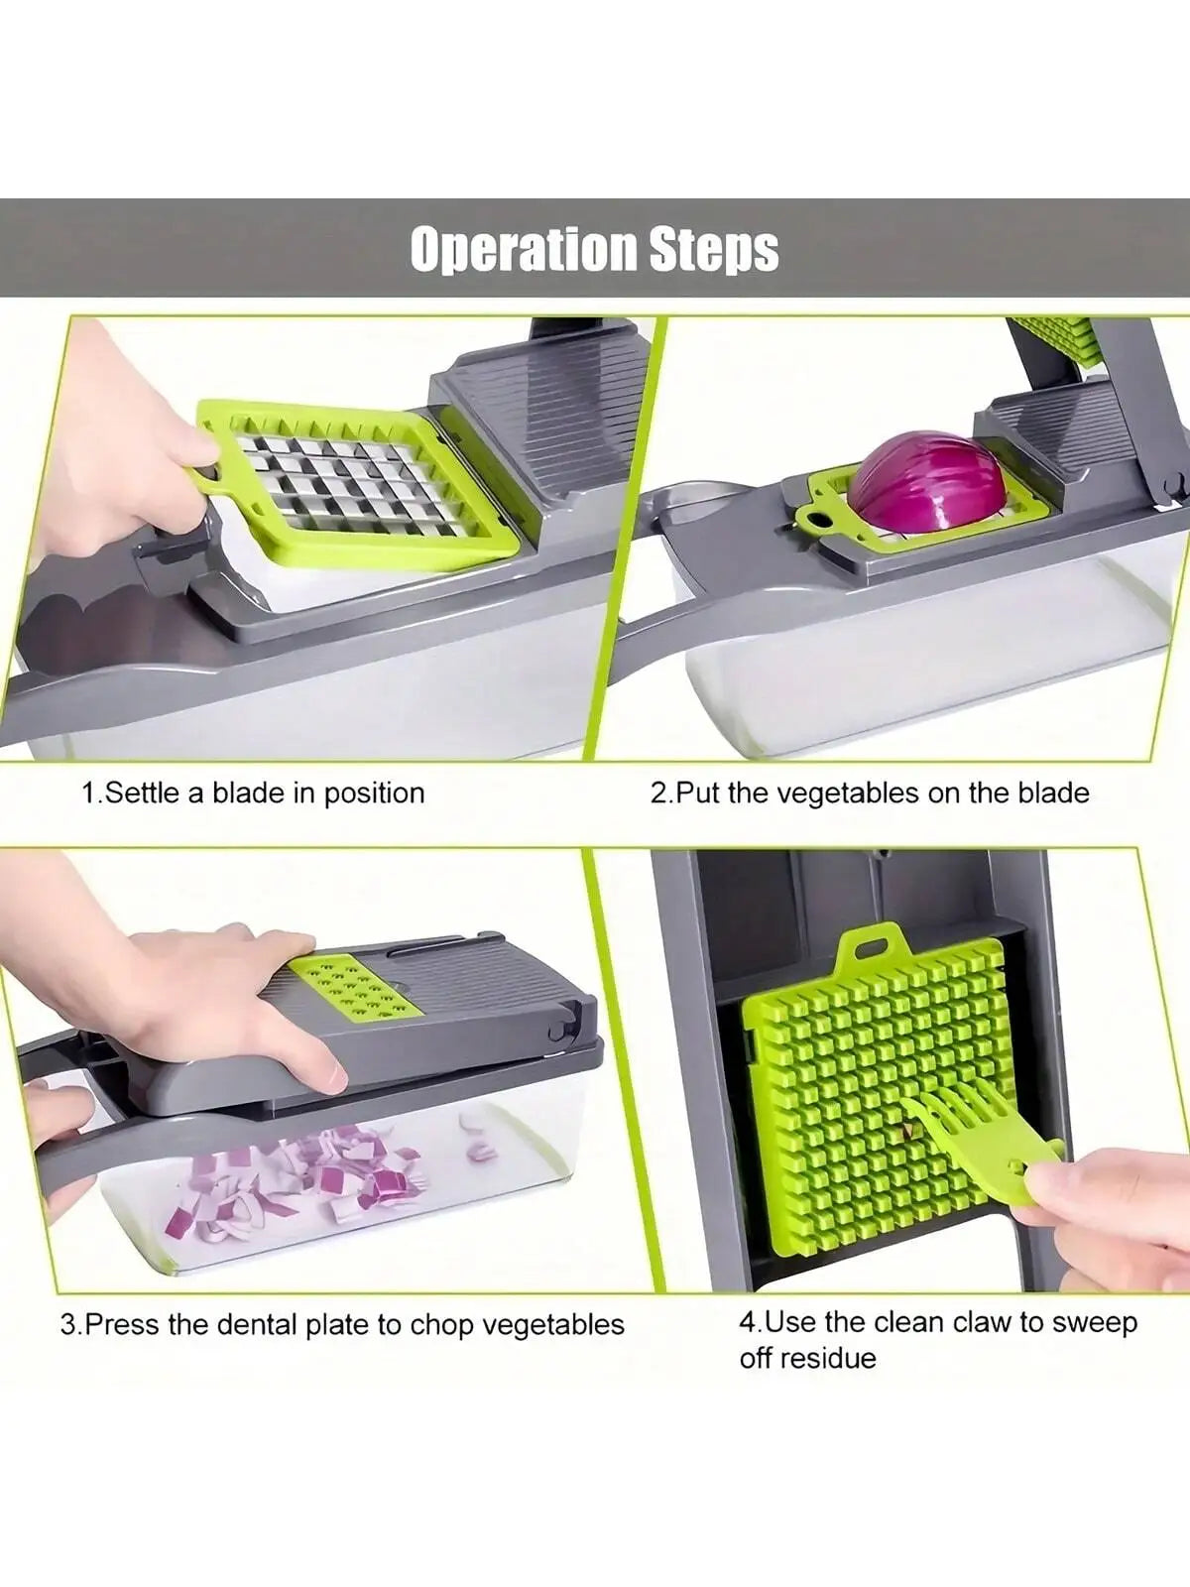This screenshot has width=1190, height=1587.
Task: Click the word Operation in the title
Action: point(524,249)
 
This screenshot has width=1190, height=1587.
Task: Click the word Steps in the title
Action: point(714,249)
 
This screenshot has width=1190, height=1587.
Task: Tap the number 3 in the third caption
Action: point(67,1325)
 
